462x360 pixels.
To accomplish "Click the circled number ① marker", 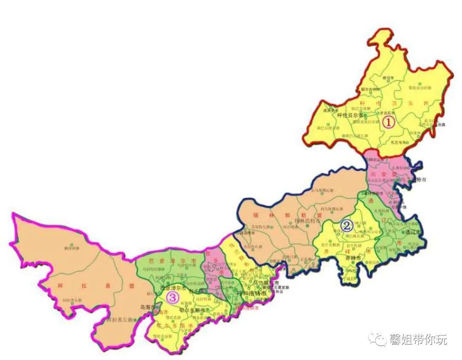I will point(388,122).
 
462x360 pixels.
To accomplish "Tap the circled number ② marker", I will point(346,224).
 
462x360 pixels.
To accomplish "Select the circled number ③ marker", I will point(171,298).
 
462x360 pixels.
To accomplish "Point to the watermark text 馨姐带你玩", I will point(418,340).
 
